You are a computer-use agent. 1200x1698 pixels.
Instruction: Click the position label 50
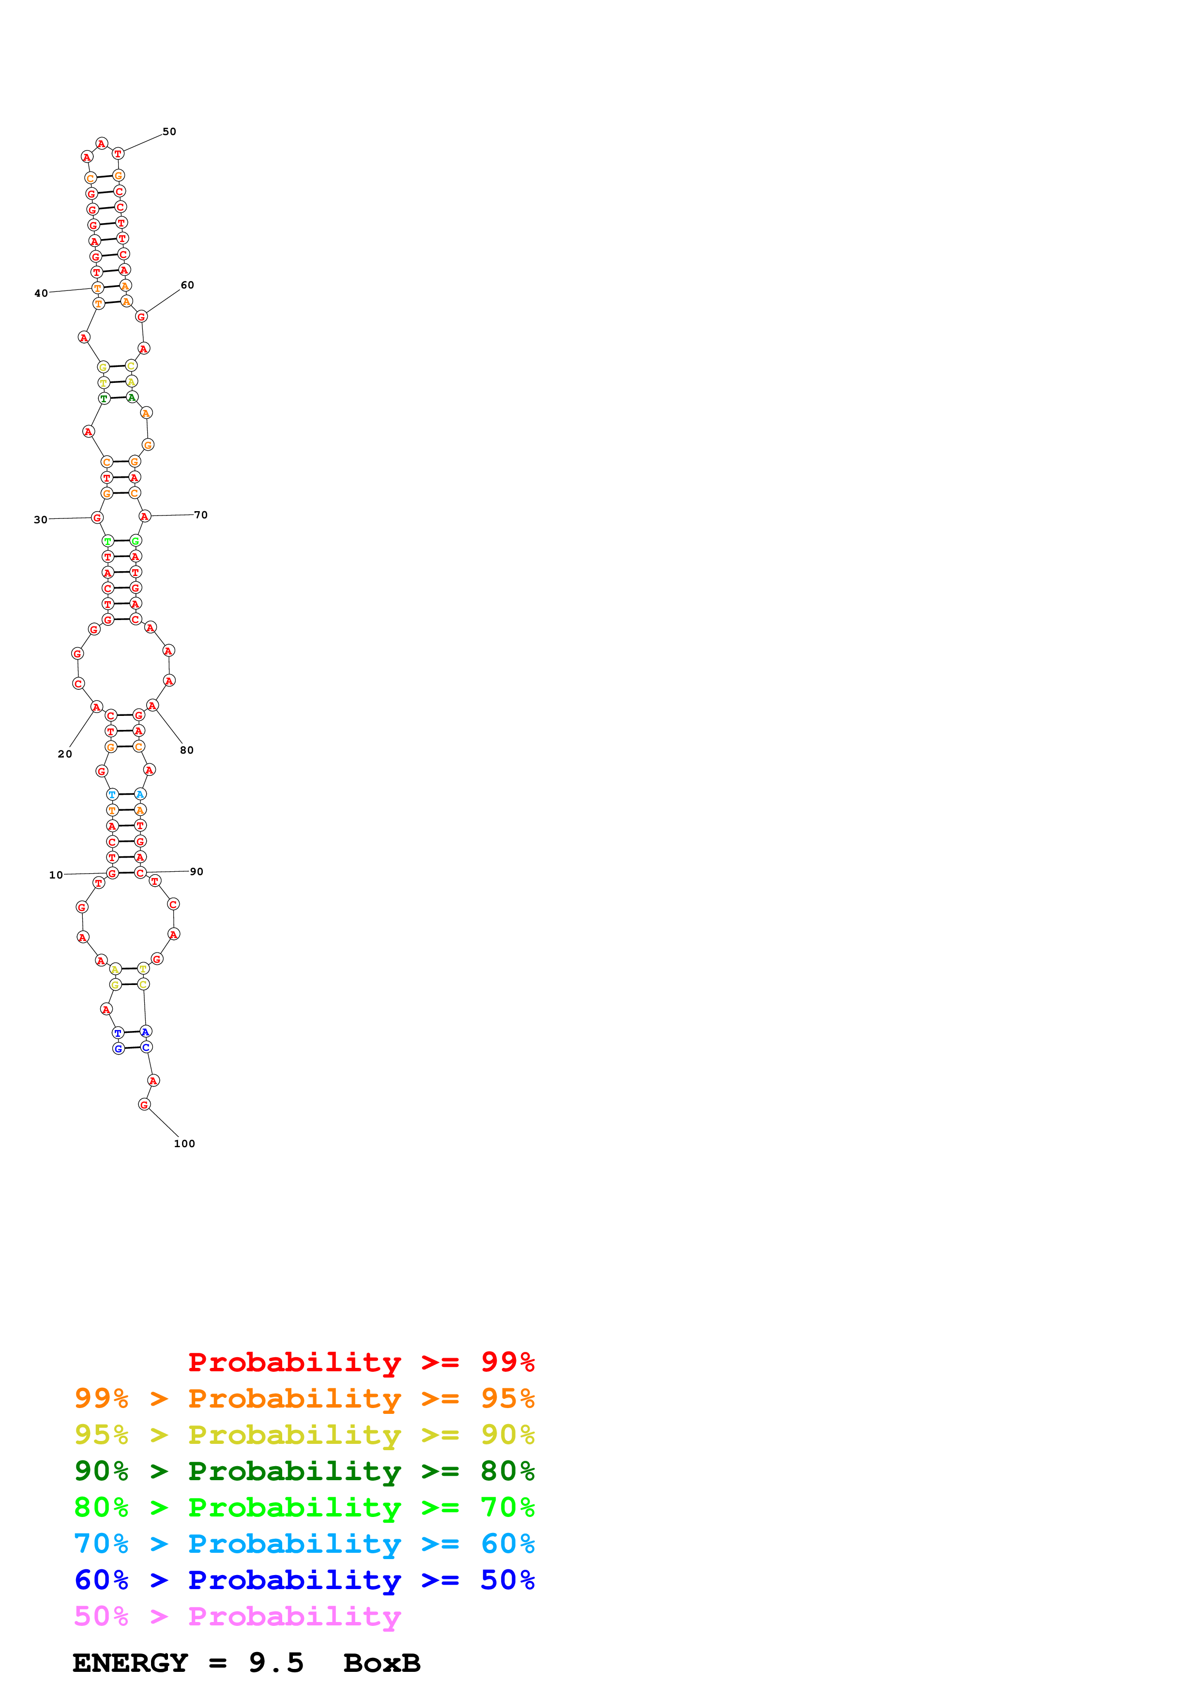[x=169, y=132]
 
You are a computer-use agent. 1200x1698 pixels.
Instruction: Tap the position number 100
[x=184, y=1143]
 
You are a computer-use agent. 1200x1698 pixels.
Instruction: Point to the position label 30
[x=41, y=520]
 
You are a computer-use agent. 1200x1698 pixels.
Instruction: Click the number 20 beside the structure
[x=65, y=754]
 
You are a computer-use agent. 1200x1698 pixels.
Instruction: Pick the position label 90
[x=196, y=871]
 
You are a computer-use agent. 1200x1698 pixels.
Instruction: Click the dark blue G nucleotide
[x=118, y=1049]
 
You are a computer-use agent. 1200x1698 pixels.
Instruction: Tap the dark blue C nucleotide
[x=146, y=1047]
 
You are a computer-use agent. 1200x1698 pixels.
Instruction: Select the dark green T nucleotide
[x=104, y=399]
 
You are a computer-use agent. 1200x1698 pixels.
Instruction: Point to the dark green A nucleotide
[x=132, y=397]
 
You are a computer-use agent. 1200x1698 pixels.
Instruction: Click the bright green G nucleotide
[x=136, y=541]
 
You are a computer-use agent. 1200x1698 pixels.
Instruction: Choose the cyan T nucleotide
[x=112, y=794]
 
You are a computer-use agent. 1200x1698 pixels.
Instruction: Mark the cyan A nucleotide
[x=140, y=794]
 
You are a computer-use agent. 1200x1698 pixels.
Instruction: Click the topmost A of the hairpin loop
[x=102, y=143]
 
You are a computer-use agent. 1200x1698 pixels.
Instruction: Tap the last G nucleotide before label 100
[x=144, y=1104]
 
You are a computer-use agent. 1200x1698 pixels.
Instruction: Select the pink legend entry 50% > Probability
[x=238, y=1616]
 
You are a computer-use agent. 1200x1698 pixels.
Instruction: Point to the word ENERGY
[x=130, y=1663]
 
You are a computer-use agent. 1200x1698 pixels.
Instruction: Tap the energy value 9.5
[x=276, y=1663]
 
